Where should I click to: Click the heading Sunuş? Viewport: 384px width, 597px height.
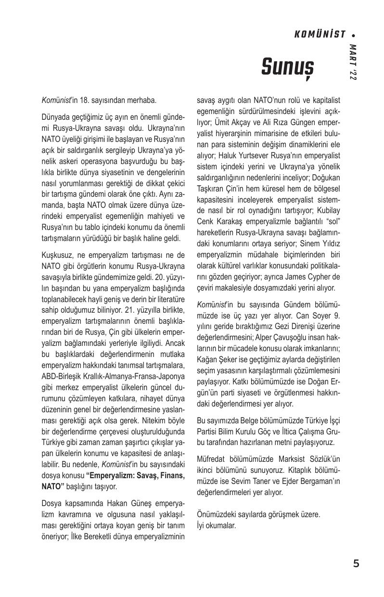[287, 67]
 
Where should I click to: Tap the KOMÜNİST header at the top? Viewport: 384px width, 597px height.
[320, 35]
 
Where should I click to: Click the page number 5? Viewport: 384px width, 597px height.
[356, 564]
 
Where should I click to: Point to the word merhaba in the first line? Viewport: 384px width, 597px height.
[141, 101]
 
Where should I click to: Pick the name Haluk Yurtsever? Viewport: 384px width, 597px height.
[243, 155]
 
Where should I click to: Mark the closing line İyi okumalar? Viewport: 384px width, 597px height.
[217, 525]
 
